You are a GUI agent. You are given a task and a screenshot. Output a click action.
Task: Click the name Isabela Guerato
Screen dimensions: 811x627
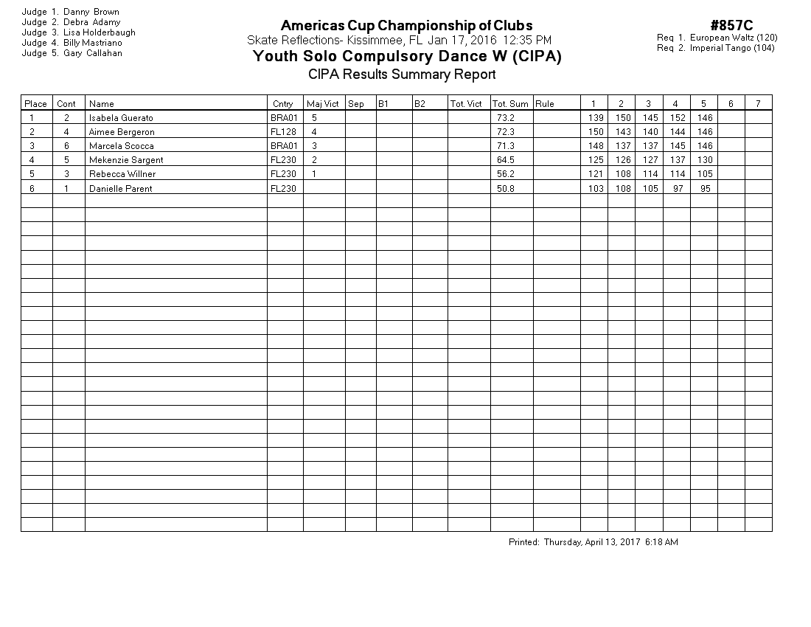coord(121,118)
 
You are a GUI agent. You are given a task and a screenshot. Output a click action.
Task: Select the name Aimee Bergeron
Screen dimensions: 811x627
coord(122,132)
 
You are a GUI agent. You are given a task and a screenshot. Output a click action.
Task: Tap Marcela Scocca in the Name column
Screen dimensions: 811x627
coord(121,146)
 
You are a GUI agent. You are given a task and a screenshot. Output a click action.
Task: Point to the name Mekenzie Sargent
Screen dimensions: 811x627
coord(126,160)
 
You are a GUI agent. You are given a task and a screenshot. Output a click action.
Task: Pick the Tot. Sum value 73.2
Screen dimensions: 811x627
coord(505,118)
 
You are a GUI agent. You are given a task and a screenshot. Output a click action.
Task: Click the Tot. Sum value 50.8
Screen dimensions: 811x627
coord(505,189)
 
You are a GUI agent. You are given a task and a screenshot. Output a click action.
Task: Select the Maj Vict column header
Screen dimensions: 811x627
coord(323,104)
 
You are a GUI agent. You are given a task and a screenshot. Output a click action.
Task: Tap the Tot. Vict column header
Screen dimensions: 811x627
coord(466,104)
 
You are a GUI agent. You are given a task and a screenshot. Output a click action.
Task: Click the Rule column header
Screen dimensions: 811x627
coord(545,104)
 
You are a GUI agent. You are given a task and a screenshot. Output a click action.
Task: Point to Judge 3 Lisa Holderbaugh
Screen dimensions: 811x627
coord(78,32)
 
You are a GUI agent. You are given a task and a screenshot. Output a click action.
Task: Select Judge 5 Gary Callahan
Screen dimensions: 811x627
coord(72,53)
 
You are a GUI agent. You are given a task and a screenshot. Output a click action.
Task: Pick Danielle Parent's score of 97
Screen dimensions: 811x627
coord(677,189)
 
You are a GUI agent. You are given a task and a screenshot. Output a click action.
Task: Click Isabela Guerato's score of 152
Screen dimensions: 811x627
coord(678,118)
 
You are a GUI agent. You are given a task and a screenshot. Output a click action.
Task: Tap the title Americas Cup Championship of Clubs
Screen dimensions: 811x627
coord(406,27)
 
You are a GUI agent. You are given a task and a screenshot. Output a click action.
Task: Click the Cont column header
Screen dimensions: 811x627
coord(66,104)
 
